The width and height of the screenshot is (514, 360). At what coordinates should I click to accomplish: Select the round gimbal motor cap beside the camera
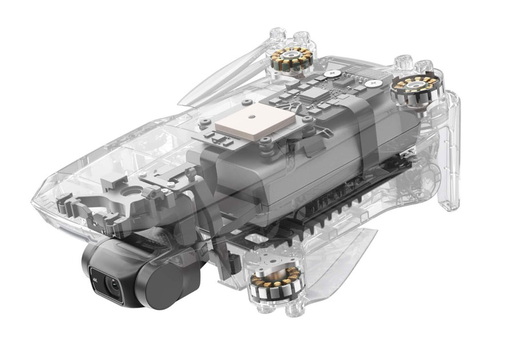(x=166, y=279)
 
